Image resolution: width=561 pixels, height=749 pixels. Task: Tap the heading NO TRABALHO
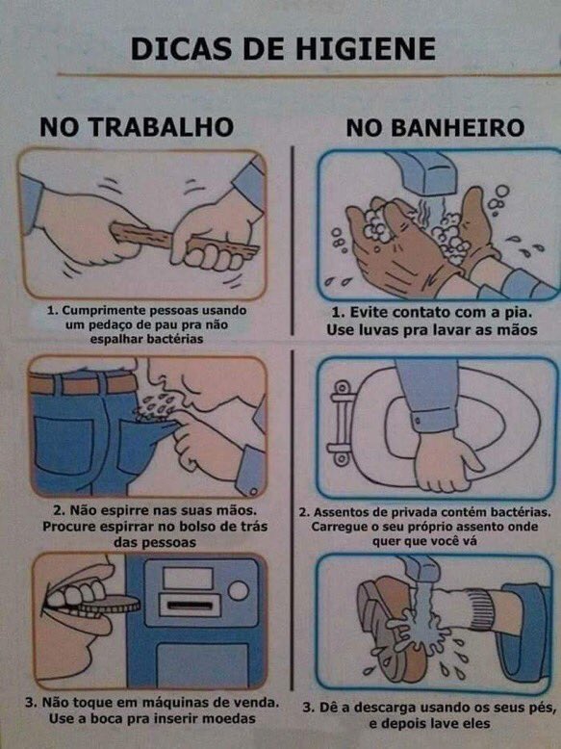tap(137, 126)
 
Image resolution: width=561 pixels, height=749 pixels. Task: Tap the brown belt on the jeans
tap(82, 383)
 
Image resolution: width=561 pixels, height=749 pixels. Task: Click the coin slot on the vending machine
tap(189, 605)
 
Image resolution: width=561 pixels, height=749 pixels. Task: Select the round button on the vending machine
tap(237, 589)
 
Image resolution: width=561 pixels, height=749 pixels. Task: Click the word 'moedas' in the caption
tap(236, 718)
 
